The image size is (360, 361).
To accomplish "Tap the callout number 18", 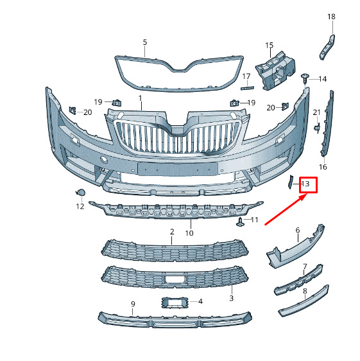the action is pyautogui.click(x=331, y=17).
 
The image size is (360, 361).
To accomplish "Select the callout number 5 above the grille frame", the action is pyautogui.click(x=144, y=42).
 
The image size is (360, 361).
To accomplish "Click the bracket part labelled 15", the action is pyautogui.click(x=275, y=71).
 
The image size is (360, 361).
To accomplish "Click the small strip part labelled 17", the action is pyautogui.click(x=247, y=88).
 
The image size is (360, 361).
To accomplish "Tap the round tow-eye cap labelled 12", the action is pyautogui.click(x=80, y=192).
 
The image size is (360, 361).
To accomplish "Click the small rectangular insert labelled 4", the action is pyautogui.click(x=175, y=302).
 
